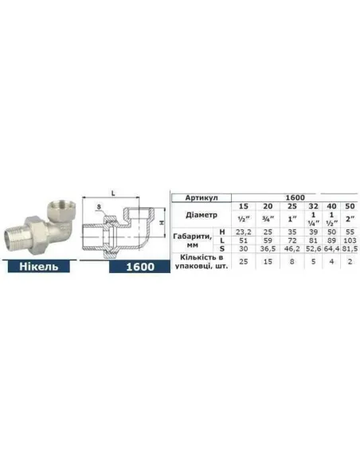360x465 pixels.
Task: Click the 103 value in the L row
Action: (349, 240)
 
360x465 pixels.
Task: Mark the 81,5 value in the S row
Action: (349, 250)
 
